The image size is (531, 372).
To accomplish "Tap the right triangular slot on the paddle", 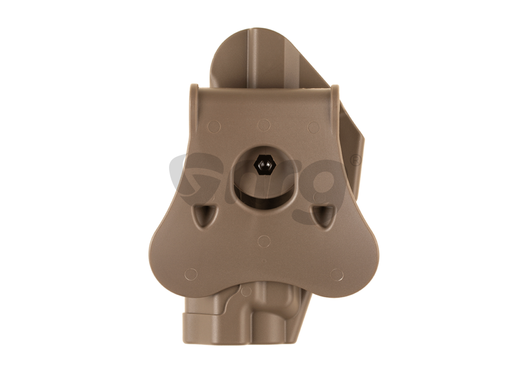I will pos(324,216).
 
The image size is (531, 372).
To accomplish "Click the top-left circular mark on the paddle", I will pos(214,126).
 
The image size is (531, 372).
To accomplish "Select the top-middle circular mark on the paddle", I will pos(264,125).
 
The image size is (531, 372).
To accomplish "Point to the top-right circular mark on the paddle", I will pos(313,126).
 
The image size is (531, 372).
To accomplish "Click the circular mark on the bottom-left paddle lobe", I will pos(191,274).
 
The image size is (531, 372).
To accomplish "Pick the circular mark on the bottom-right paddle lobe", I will pos(337,274).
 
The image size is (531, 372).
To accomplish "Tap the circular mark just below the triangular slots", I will pos(264,241).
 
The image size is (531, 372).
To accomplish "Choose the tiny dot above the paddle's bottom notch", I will pos(263,262).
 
